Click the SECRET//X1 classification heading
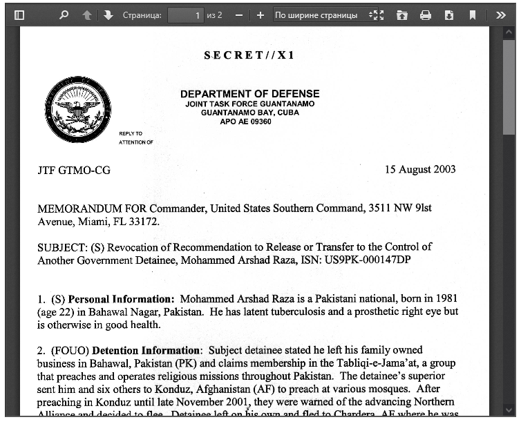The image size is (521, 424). (x=249, y=55)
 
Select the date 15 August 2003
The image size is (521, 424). (x=420, y=169)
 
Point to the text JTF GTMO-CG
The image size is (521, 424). (x=74, y=170)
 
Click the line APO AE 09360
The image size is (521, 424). (x=245, y=122)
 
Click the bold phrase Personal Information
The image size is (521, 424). (x=121, y=299)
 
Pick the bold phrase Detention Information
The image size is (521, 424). (x=146, y=350)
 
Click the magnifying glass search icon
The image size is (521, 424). (x=64, y=15)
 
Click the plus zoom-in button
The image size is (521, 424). (x=260, y=15)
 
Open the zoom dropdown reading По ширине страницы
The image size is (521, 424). (x=321, y=15)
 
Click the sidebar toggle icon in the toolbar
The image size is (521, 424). (x=19, y=15)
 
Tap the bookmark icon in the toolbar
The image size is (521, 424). (x=473, y=15)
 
